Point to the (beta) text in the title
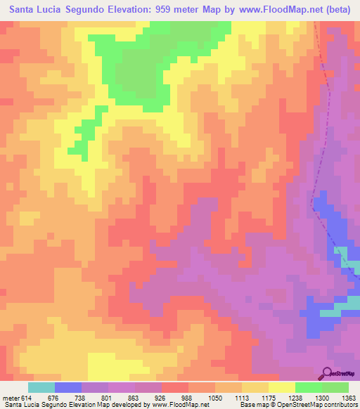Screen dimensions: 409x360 (x=337, y=10)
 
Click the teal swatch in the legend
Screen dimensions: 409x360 (x=41, y=387)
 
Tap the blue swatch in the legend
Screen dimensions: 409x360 (x=68, y=387)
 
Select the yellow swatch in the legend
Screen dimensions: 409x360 (x=282, y=387)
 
